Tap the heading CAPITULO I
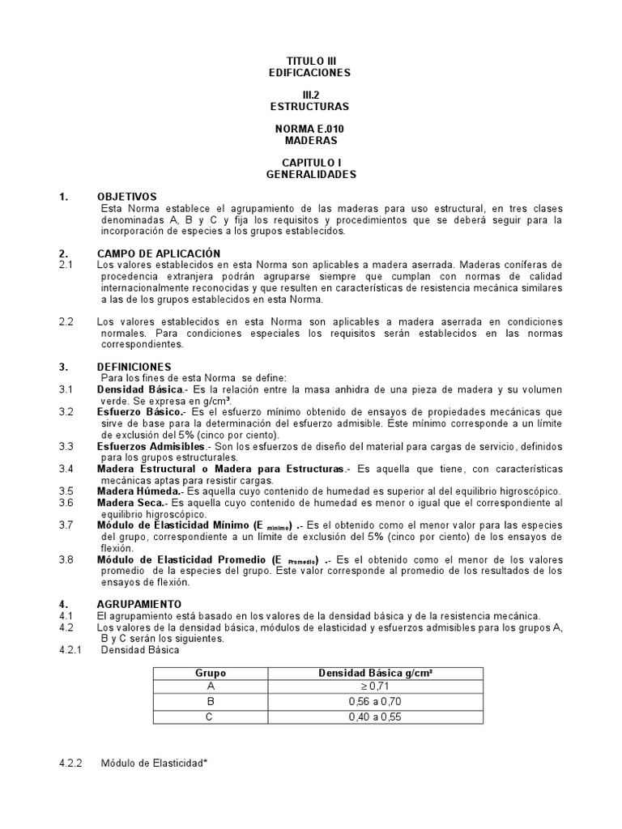311,163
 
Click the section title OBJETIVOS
127,197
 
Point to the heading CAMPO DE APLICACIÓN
159,253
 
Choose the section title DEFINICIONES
134,367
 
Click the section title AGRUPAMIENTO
139,604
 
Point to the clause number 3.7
66,525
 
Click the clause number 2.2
66,321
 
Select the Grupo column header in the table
211,674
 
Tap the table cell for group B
211,702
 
